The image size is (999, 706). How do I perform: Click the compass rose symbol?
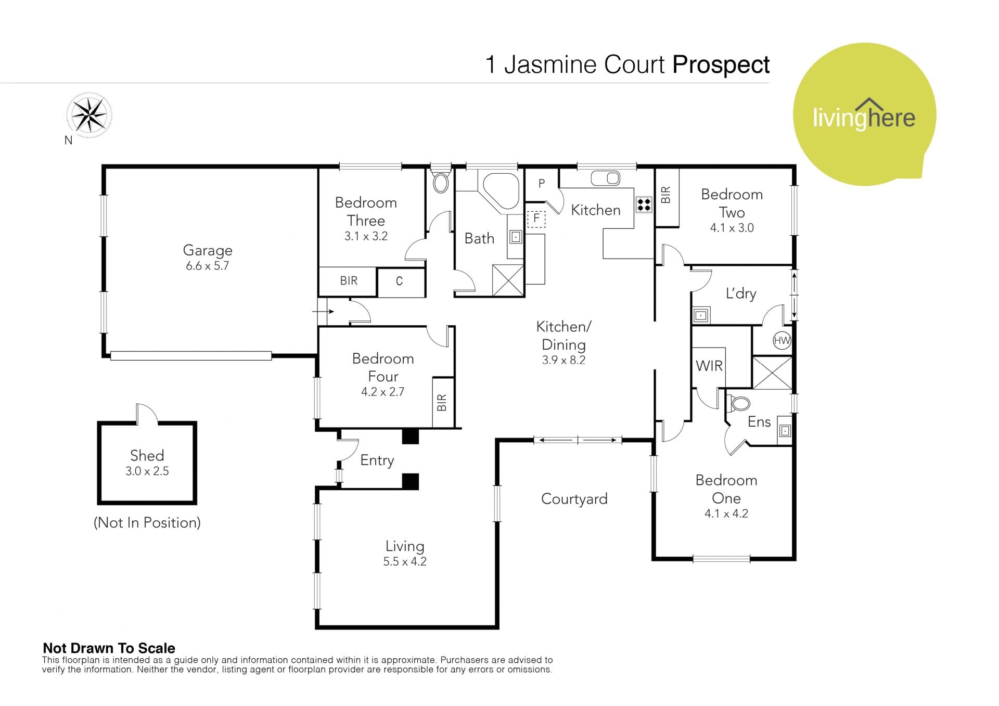(89, 115)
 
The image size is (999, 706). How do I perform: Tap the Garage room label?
(208, 251)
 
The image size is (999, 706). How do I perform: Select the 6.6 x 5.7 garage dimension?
(208, 266)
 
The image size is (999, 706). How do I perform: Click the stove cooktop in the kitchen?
(644, 204)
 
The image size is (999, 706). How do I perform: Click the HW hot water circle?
(782, 341)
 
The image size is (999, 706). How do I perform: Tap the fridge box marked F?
(536, 219)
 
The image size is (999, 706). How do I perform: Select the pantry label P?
(542, 183)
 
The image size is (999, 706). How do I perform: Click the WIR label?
(709, 366)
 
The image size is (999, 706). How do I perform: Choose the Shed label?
(147, 456)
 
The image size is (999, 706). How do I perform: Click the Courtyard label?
(574, 499)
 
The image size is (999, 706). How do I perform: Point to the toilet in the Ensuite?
(740, 404)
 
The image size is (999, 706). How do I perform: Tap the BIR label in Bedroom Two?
(666, 195)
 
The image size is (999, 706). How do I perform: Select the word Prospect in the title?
(721, 65)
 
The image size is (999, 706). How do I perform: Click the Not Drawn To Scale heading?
(109, 648)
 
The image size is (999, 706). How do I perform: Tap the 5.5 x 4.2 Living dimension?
(405, 562)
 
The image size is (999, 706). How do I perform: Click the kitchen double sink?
(606, 178)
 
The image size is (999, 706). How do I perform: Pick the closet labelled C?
(399, 281)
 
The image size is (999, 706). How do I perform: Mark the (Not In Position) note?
(147, 522)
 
